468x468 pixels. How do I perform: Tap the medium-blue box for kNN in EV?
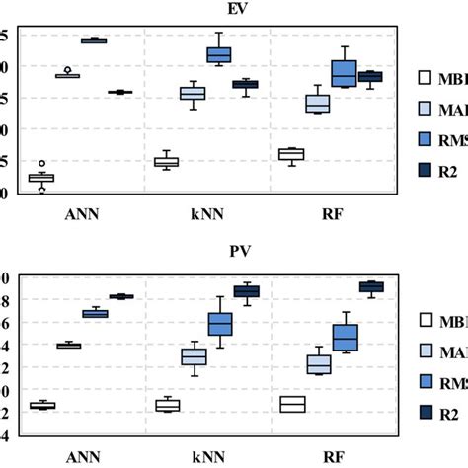click(218, 54)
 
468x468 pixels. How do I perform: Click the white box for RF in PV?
click(291, 404)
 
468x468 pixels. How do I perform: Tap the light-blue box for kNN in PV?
click(193, 356)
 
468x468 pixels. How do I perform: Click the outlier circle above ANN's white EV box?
click(41, 163)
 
